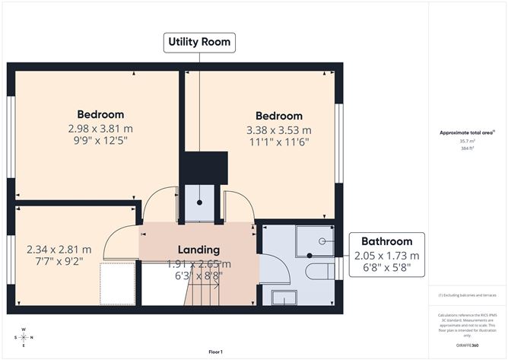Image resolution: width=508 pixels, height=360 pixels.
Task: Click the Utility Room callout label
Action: (199, 42)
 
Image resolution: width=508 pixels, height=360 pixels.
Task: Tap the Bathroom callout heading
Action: (386, 241)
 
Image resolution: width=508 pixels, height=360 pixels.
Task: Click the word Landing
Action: (198, 250)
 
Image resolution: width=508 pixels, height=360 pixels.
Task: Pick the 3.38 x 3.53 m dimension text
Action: (279, 129)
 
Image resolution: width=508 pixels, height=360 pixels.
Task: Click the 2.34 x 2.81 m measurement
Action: (59, 249)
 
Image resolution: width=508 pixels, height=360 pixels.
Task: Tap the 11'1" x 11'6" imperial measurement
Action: (279, 142)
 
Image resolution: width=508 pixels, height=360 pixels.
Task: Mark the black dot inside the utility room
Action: (200, 203)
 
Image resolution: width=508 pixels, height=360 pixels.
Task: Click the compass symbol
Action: (24, 337)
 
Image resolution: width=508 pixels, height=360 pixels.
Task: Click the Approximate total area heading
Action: (466, 132)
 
